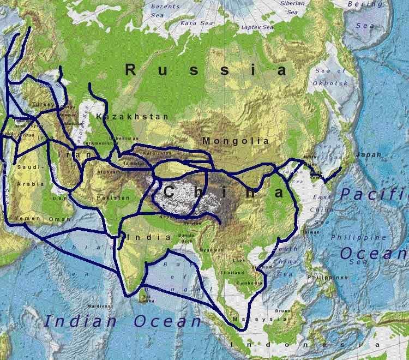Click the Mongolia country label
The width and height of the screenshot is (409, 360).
[236, 141]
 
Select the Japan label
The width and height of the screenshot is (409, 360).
[369, 155]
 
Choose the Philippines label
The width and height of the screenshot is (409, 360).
[327, 277]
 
